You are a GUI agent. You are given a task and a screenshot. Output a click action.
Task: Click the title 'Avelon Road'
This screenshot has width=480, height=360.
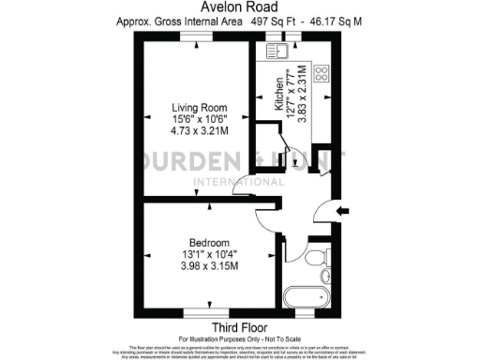[x=241, y=8]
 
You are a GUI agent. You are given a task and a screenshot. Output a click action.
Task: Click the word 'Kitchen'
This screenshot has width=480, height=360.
[x=278, y=95]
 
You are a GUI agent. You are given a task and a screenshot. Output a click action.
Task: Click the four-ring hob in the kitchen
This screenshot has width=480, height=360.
[x=320, y=72]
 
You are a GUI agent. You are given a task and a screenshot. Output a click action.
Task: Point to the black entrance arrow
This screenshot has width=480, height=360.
[x=341, y=212]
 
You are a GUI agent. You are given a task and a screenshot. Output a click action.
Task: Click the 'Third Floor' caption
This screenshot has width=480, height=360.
[x=241, y=326]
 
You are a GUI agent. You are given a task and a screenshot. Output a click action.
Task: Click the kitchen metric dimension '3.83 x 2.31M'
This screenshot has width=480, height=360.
[x=303, y=94]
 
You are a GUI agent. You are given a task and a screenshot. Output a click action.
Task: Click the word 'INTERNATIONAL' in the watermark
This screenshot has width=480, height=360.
[x=230, y=182]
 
